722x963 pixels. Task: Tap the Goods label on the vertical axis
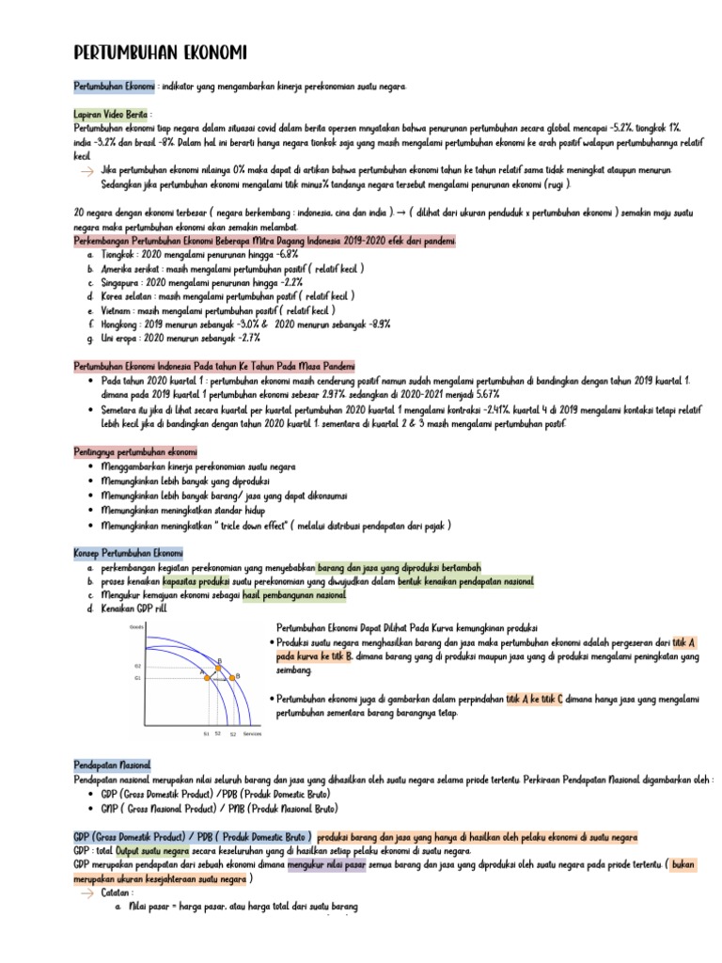(x=135, y=624)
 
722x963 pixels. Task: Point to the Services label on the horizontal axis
(x=252, y=734)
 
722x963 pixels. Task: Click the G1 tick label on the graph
(x=137, y=677)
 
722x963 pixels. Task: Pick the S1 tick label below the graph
(x=206, y=734)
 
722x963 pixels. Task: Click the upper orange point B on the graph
(x=219, y=665)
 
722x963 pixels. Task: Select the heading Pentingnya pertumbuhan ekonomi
(x=135, y=452)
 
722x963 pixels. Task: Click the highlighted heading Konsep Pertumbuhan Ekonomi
(x=130, y=553)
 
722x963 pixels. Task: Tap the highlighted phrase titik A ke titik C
(x=534, y=700)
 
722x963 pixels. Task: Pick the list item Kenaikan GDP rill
(x=133, y=609)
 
